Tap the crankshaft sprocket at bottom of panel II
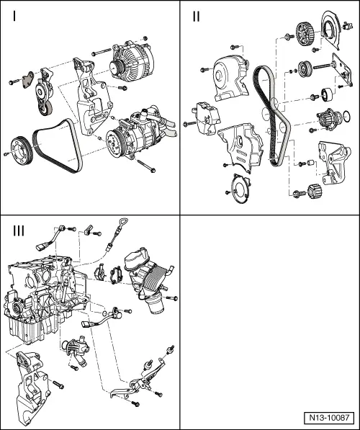(x=312, y=192)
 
